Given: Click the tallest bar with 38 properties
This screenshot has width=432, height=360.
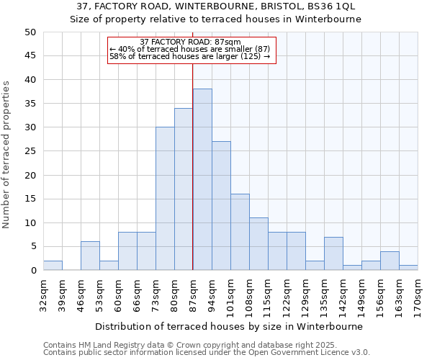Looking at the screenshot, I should click(202, 179).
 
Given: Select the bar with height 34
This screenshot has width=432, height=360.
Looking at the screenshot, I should click(184, 189).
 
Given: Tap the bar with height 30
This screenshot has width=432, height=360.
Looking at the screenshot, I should click(165, 199).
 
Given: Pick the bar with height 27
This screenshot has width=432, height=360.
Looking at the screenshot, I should click(221, 206).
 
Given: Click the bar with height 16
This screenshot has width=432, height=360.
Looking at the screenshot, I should click(240, 232).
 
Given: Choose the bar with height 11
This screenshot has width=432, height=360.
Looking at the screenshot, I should click(258, 244).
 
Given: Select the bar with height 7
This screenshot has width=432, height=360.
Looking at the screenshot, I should click(333, 253).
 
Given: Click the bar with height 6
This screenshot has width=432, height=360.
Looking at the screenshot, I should click(90, 256).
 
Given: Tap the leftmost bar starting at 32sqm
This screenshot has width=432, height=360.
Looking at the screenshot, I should click(53, 266).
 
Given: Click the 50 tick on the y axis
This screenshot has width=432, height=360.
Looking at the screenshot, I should click(30, 32).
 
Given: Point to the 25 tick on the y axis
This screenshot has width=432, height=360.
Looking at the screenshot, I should click(30, 151).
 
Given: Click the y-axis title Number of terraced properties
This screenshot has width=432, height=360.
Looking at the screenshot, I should click(7, 154).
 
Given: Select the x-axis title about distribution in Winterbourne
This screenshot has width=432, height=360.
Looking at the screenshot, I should click(229, 326).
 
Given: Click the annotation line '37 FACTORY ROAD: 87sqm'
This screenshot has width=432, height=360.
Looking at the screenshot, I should click(191, 42).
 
